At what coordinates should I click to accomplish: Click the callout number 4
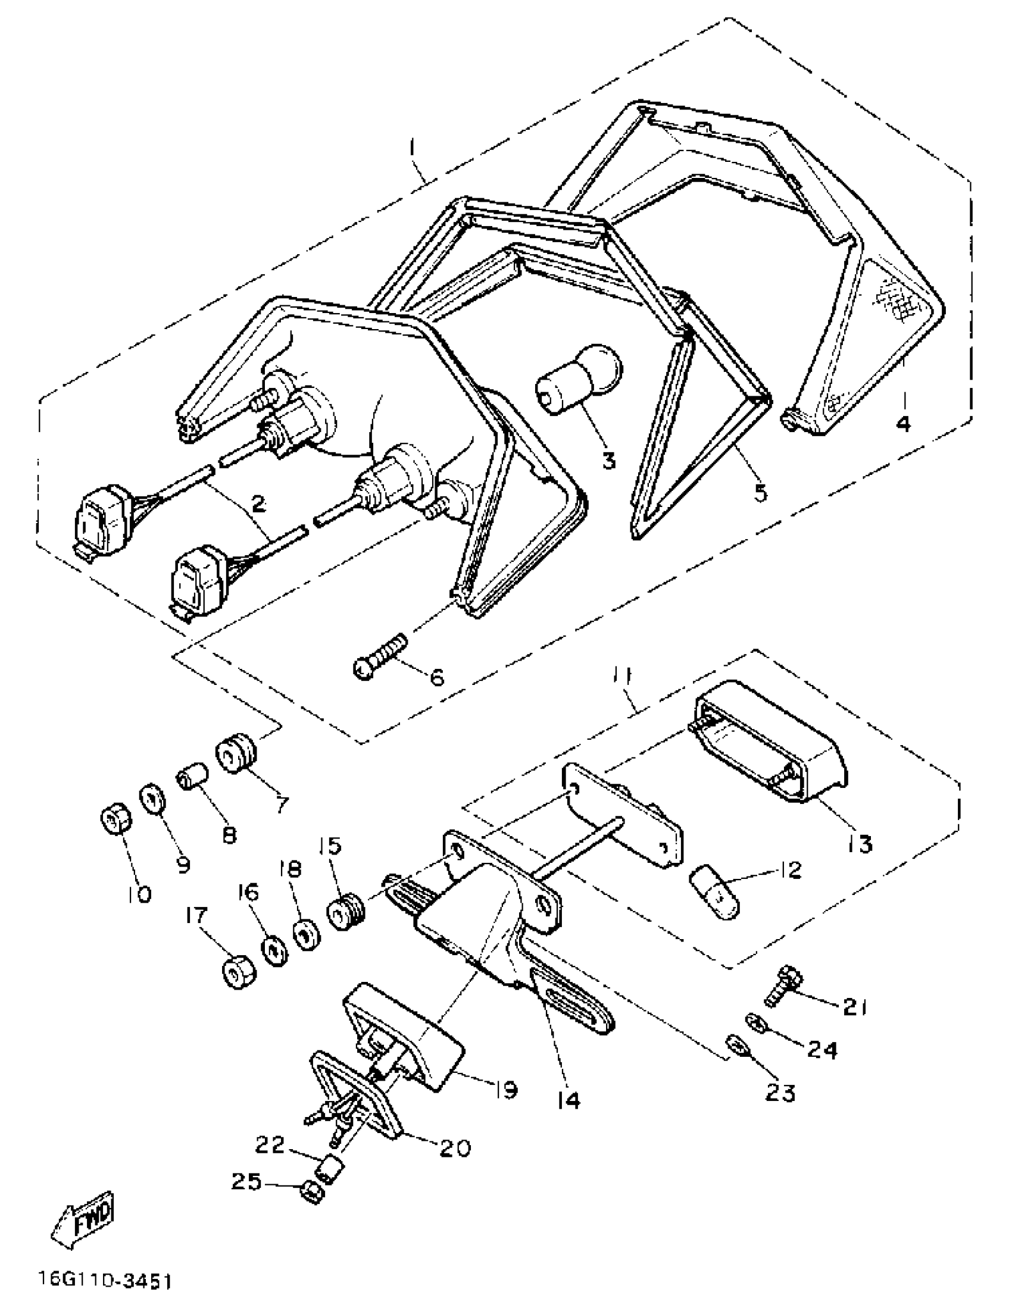pyautogui.click(x=902, y=424)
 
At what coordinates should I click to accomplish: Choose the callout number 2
pyautogui.click(x=259, y=503)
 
